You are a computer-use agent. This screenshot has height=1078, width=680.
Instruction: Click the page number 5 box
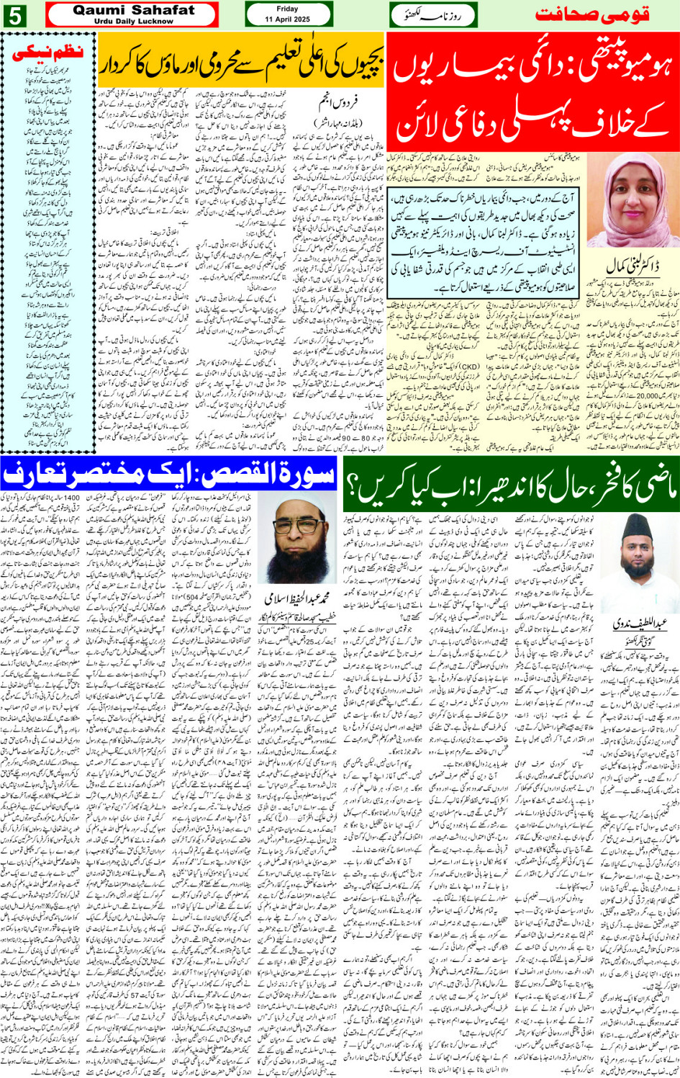click(x=14, y=16)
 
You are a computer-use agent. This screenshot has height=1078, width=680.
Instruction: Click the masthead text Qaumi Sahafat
click(x=133, y=10)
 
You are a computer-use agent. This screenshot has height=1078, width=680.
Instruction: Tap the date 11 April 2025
click(x=288, y=19)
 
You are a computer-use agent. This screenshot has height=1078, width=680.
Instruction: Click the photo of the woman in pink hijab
click(x=633, y=201)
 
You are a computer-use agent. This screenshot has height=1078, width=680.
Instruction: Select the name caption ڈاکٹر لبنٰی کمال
click(x=633, y=266)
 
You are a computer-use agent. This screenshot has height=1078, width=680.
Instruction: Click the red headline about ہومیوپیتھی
click(x=532, y=89)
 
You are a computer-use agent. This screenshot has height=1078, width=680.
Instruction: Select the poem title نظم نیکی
click(x=49, y=52)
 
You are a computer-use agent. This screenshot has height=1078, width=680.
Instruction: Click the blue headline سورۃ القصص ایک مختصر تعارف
click(x=170, y=474)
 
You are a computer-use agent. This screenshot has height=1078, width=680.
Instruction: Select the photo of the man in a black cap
click(x=632, y=572)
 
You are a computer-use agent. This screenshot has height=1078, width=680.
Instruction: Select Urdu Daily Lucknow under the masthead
click(x=133, y=22)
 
